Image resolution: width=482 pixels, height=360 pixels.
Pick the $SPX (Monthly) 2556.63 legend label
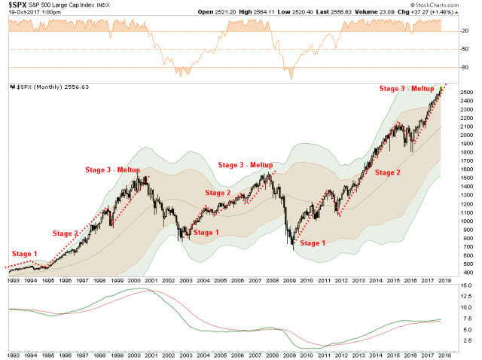(47, 87)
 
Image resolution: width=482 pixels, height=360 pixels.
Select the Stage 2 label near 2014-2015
(389, 172)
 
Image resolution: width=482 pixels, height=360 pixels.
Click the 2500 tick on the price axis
(464, 91)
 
